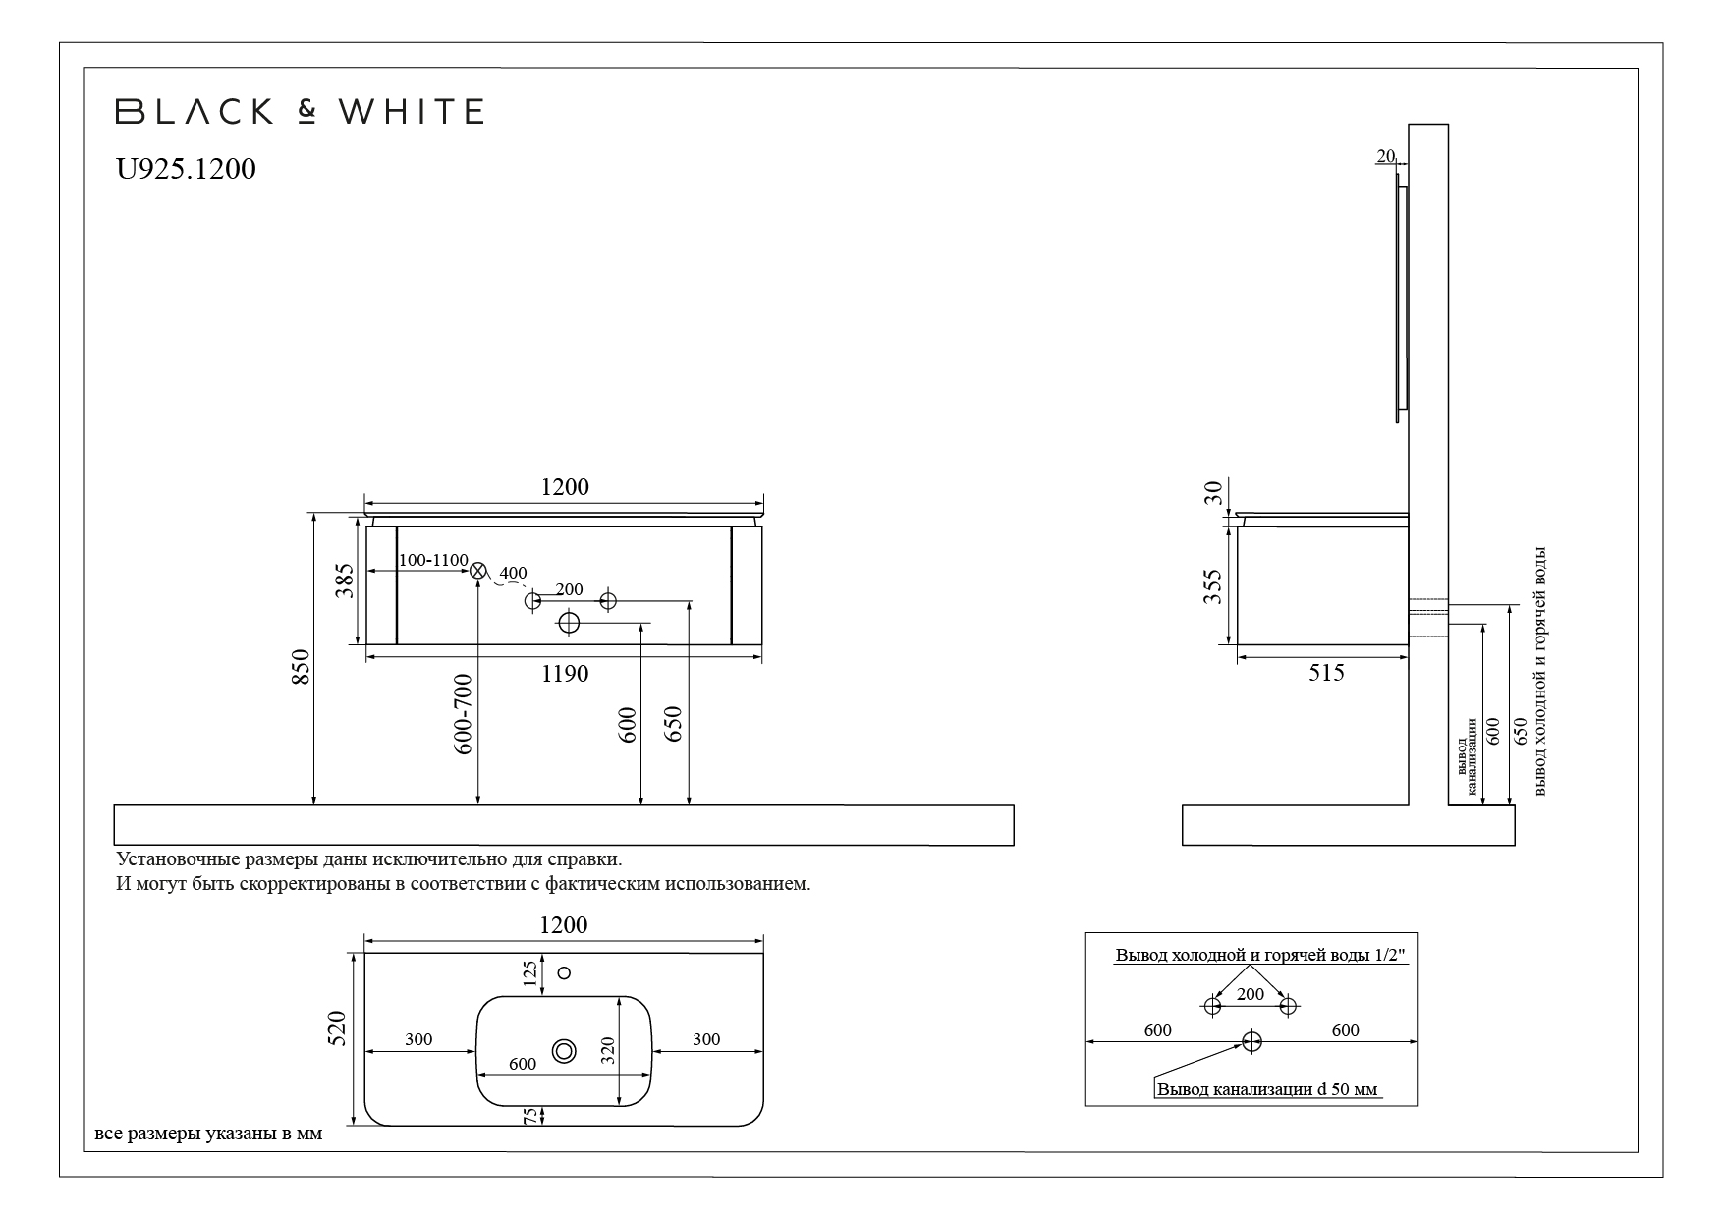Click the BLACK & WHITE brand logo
300,111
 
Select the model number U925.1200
186,169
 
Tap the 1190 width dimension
565,674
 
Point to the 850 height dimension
302,668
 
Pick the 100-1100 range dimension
433,560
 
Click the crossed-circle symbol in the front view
478,570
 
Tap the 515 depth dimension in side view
1326,673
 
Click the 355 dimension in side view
1213,586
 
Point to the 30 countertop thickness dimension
1214,492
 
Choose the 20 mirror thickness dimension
1386,155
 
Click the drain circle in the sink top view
565,1051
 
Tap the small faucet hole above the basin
564,972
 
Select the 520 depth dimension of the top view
337,1027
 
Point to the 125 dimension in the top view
530,973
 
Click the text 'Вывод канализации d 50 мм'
1267,1089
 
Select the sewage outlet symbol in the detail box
1251,1041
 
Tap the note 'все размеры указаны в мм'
208,1135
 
